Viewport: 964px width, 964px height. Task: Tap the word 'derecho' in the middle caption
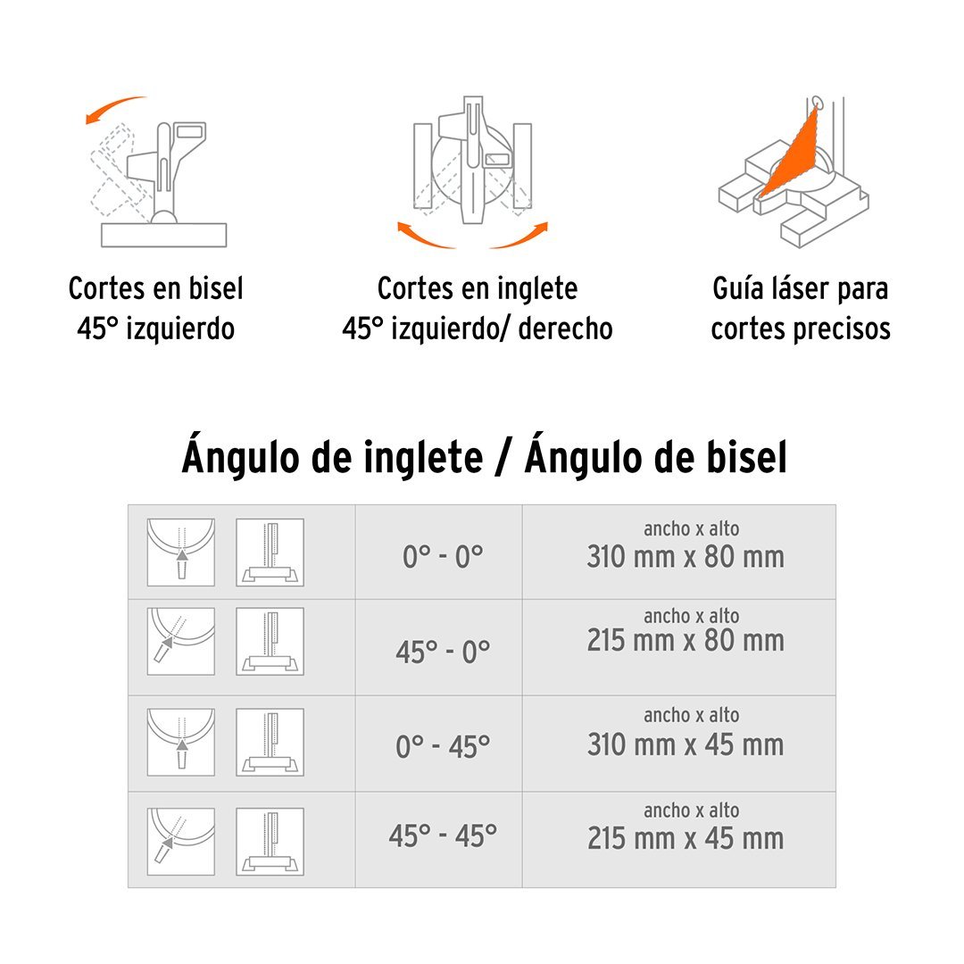point(566,328)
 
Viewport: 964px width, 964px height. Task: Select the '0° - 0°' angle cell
point(443,557)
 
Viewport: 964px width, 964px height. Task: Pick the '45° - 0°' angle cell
point(443,652)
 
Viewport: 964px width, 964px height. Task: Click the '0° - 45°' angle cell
point(443,747)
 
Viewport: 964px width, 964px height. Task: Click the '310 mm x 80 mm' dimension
point(686,556)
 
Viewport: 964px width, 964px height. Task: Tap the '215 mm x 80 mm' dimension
point(686,640)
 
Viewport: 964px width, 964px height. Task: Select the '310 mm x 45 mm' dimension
point(686,744)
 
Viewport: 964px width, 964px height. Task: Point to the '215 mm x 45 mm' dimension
point(686,838)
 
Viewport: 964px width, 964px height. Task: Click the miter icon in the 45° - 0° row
point(180,641)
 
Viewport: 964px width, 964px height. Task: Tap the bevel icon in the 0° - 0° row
point(270,553)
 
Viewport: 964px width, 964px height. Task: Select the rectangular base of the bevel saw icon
point(163,235)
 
